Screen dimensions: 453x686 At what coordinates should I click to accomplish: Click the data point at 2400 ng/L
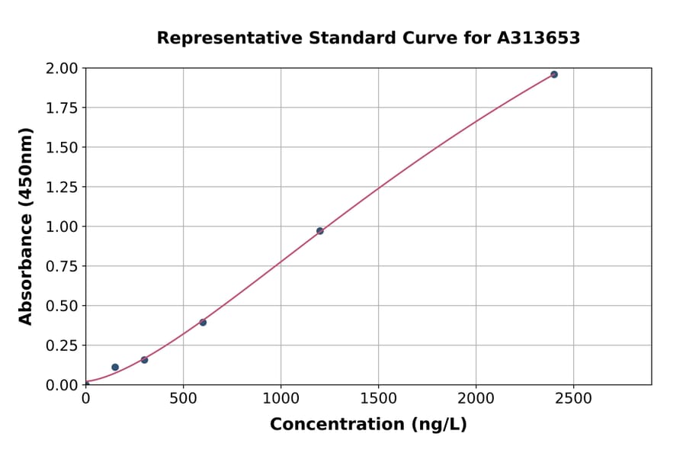point(554,75)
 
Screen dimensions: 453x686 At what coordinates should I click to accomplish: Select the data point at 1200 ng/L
point(320,231)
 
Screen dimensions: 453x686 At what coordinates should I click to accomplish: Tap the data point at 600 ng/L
point(203,323)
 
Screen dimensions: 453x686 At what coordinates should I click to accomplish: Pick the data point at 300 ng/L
point(144,360)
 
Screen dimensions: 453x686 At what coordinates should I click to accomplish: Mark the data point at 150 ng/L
point(115,368)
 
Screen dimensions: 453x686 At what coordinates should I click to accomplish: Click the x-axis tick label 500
point(183,399)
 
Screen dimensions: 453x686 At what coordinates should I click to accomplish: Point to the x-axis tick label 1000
point(280,399)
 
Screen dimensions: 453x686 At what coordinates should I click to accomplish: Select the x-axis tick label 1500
point(378,399)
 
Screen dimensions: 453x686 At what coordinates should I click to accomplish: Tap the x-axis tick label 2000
point(476,399)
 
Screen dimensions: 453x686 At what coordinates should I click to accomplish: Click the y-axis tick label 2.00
point(61,69)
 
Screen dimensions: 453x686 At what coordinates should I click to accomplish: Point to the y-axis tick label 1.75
point(61,108)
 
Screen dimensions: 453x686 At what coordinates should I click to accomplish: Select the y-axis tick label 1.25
point(61,188)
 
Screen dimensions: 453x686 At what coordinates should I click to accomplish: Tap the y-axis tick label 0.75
point(61,266)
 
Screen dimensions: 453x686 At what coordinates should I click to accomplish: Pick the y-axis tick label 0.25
point(61,345)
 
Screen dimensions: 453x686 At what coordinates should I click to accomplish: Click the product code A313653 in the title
point(539,38)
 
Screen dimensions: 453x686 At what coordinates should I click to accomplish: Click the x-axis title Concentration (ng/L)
point(368,424)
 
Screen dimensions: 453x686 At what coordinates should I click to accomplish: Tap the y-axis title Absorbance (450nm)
point(26,226)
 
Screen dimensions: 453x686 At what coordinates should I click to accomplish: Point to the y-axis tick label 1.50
point(61,148)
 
